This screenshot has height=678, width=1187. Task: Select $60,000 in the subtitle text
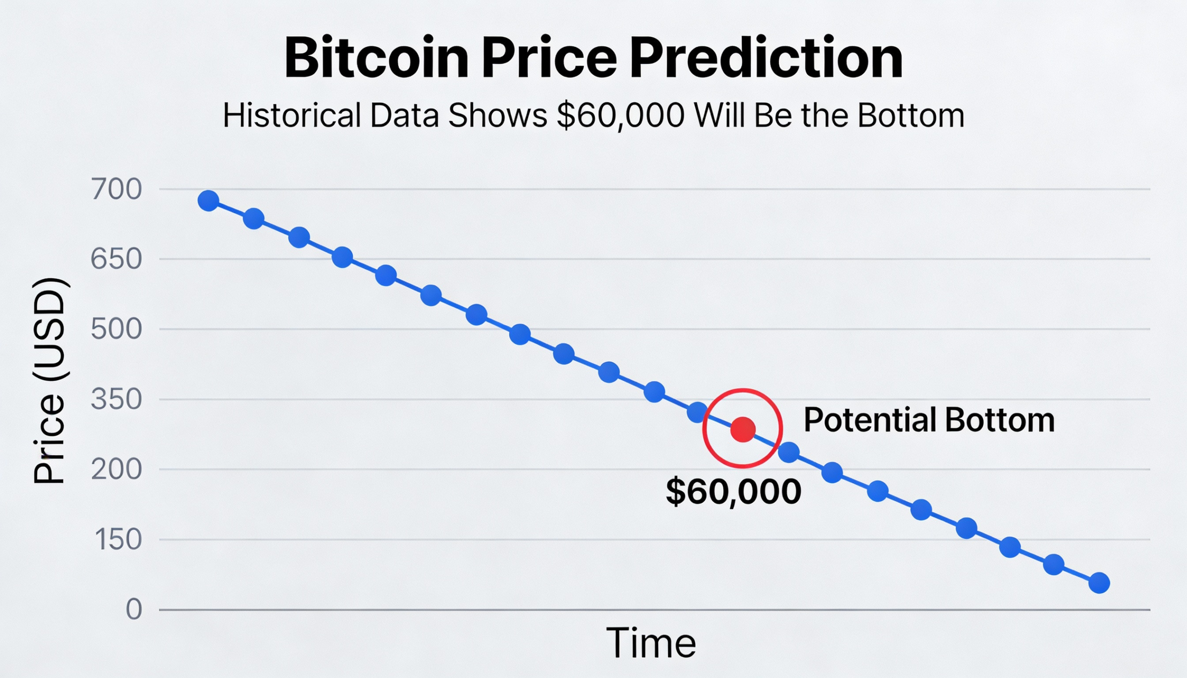click(621, 115)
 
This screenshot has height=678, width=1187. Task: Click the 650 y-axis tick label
click(116, 259)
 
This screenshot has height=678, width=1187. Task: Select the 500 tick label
click(116, 329)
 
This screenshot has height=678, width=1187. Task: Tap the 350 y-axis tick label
click(116, 399)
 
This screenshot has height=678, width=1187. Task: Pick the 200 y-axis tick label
click(116, 469)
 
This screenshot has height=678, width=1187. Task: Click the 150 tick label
click(118, 539)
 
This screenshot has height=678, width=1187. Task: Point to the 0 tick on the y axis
click(134, 609)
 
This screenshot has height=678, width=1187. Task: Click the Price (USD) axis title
click(49, 380)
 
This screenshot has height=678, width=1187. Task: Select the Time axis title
click(651, 643)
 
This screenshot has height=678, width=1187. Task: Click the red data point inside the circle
click(743, 429)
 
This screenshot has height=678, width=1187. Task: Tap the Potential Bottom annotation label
click(929, 419)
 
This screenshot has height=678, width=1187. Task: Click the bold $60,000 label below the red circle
click(733, 491)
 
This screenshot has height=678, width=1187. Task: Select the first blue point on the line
click(208, 201)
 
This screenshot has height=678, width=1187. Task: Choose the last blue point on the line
click(1099, 583)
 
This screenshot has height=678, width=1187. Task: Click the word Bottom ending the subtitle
click(911, 115)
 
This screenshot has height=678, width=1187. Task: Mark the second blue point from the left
click(254, 218)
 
